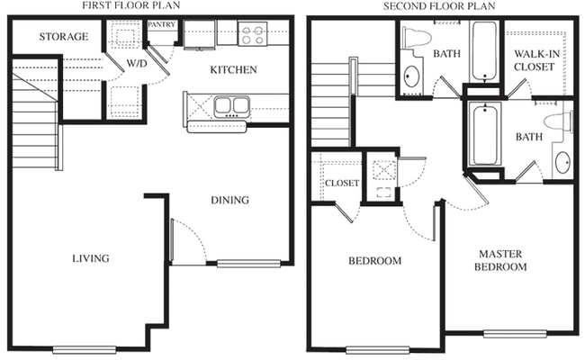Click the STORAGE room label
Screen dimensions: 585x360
coord(64,37)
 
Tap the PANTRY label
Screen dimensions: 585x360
coord(161,24)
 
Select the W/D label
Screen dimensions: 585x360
coord(137,63)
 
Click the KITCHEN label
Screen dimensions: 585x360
coord(234,70)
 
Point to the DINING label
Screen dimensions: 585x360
coord(229,200)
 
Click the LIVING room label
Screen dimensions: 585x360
coord(91,258)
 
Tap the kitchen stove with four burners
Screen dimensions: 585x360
coord(253,34)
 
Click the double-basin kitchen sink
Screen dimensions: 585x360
coord(232,106)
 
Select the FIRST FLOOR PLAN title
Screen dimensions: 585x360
coord(131,5)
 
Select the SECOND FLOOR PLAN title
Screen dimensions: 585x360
coord(439,6)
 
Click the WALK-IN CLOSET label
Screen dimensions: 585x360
coord(536,60)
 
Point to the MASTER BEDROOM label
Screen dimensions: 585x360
coord(500,260)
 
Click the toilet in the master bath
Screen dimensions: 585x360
coord(558,122)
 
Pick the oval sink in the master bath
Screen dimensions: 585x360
coord(562,162)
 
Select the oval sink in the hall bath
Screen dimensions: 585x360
coord(411,76)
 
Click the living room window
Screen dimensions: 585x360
coord(85,349)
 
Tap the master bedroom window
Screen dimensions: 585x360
coord(515,334)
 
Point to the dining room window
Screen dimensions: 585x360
coord(248,264)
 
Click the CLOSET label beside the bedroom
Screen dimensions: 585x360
coord(342,184)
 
